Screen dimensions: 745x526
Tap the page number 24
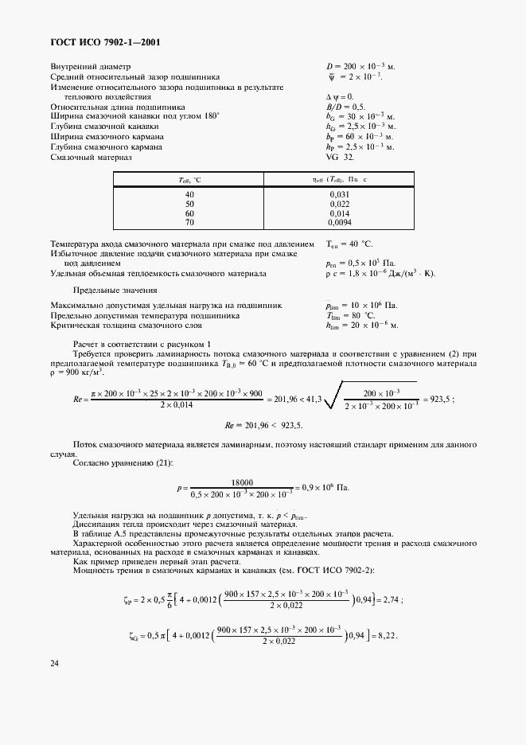[55, 662]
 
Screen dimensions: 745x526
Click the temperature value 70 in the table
[189, 224]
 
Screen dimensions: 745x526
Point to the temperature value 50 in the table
[189, 204]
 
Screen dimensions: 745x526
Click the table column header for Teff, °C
[189, 181]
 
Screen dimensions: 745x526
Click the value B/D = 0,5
[345, 106]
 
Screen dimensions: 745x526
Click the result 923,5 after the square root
[437, 400]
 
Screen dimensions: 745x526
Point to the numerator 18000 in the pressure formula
[241, 482]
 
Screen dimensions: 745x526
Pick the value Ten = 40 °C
[349, 244]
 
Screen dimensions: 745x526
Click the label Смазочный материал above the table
[91, 157]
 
